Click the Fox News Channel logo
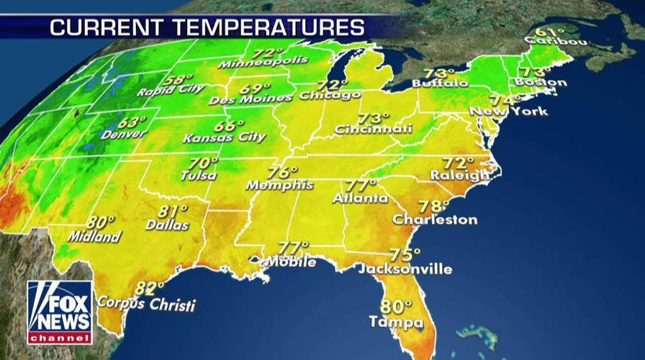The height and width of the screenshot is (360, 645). tap(59, 312)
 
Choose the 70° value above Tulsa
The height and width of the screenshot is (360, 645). tap(204, 163)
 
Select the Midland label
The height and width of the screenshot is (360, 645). tap(94, 236)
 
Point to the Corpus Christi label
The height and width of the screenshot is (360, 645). tap(146, 305)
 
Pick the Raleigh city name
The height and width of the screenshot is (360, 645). tap(460, 175)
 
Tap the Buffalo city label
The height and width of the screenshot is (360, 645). tap(440, 84)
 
